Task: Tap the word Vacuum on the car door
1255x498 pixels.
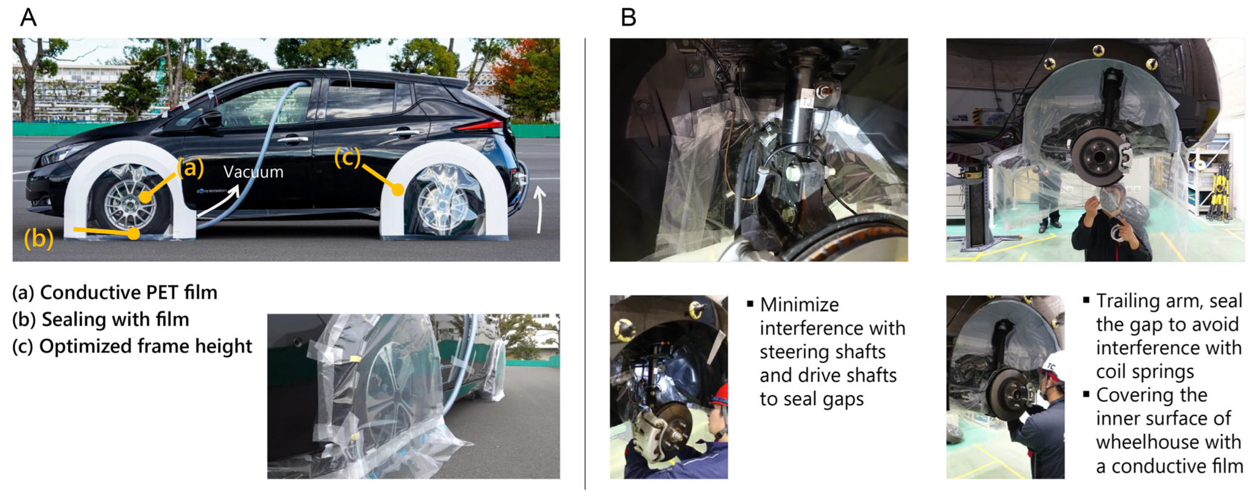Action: [253, 172]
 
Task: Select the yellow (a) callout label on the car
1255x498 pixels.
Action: [190, 168]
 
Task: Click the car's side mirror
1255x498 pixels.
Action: [210, 119]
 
